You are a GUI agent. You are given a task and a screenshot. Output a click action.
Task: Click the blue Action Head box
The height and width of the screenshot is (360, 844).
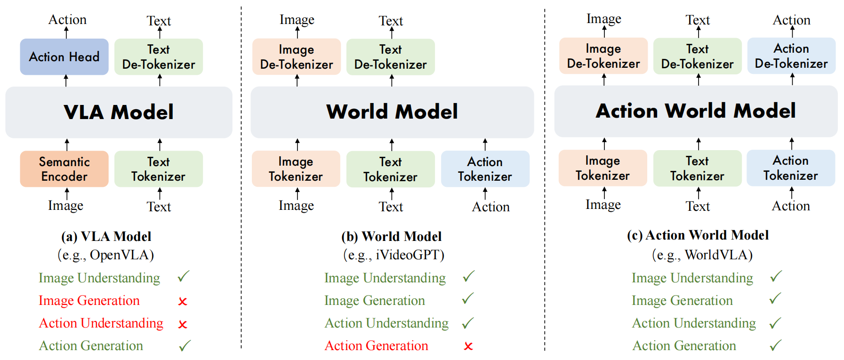pos(64,57)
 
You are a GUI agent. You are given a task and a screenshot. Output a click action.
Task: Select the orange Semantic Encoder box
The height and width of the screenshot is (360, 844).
pos(64,169)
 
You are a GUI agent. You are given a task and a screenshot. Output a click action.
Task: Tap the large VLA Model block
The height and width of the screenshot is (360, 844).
pos(119,112)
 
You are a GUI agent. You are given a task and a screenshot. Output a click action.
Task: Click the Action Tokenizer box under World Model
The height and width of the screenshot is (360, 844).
pos(485,169)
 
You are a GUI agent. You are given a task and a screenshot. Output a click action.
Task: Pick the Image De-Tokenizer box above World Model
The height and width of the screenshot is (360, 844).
pos(297,57)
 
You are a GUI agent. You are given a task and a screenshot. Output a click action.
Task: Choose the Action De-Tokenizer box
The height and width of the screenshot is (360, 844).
pos(791,56)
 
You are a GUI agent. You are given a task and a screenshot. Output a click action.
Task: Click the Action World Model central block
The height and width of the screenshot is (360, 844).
pos(696,111)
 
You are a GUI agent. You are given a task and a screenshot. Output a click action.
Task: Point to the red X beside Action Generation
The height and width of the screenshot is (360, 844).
pos(468,346)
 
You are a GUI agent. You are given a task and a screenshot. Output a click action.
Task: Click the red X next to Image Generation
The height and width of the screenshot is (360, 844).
pos(183,301)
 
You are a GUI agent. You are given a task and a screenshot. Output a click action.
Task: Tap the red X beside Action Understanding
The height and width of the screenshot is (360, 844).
pos(183,324)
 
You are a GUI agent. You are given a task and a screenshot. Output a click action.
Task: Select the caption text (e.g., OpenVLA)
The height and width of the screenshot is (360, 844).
pos(106,255)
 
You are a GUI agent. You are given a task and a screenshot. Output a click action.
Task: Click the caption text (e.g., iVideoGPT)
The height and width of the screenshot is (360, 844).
pos(394,255)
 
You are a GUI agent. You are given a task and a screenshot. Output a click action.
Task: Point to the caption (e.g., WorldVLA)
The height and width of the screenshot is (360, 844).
pos(702,255)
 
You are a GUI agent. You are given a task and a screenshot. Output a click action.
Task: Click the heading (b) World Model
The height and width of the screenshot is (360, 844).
pos(392,236)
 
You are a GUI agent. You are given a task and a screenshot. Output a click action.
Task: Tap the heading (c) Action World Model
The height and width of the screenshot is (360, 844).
pos(698,235)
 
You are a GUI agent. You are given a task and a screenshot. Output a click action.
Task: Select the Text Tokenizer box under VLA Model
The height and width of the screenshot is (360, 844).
pos(158,169)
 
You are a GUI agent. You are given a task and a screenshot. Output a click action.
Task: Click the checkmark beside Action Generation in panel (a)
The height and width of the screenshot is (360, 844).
pos(185,346)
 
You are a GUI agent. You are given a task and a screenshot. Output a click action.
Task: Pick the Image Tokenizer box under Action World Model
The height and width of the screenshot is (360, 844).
pos(603,168)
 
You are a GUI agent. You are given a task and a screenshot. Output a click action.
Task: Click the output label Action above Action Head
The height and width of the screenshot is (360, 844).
pos(67,20)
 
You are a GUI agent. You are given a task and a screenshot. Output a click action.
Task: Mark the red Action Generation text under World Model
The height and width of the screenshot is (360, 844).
pos(376,346)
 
